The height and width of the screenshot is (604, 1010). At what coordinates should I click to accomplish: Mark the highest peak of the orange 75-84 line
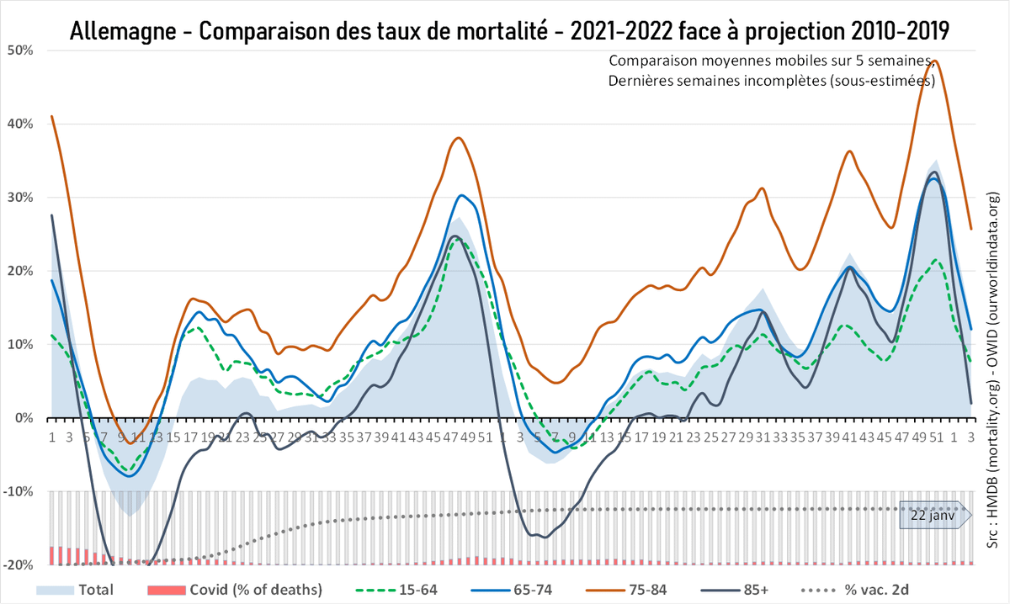934,61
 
